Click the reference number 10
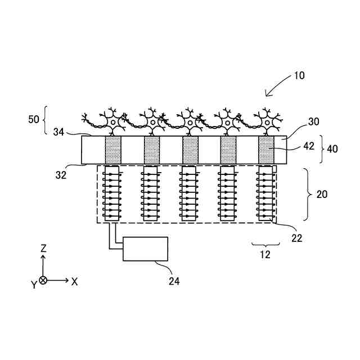[299, 75]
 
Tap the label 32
[61, 174]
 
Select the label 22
[296, 238]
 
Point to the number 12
[265, 254]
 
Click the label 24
[174, 281]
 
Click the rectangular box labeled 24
[146, 249]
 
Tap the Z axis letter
[43, 248]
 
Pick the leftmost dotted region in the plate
[113, 150]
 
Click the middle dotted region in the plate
[190, 150]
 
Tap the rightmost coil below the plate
[265, 194]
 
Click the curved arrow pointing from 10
[276, 87]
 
